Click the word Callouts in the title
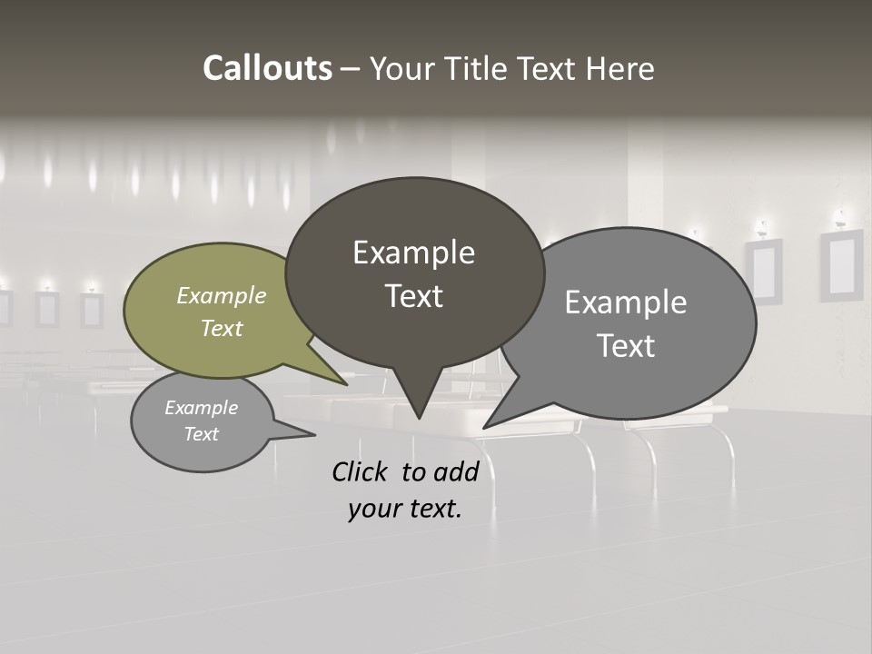click(x=267, y=68)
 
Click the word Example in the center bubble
click(x=413, y=253)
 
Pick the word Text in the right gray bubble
click(x=626, y=346)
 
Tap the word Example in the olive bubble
click(x=221, y=296)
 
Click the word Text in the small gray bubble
click(x=202, y=434)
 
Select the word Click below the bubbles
click(x=361, y=471)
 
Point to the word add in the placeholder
click(x=455, y=471)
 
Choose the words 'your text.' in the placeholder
click(x=404, y=509)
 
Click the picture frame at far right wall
click(x=841, y=264)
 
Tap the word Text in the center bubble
click(x=413, y=296)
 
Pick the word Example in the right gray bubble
click(x=626, y=302)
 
